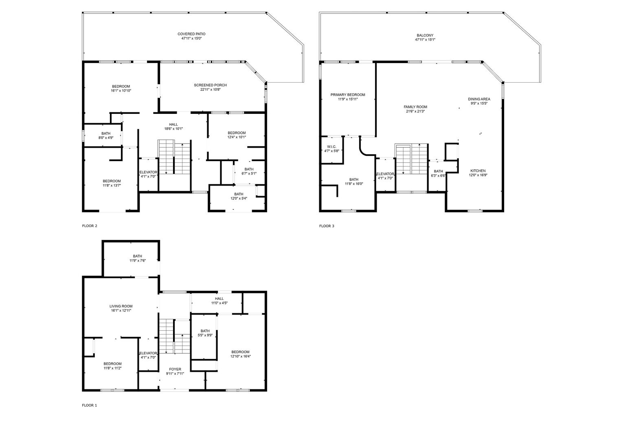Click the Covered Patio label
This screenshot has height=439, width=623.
(x=191, y=34)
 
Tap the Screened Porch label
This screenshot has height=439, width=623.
(x=210, y=85)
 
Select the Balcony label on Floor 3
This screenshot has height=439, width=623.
(x=425, y=35)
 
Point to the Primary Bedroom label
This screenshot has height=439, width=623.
(x=348, y=95)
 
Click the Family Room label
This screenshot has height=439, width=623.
(x=415, y=107)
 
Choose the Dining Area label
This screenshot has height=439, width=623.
(x=479, y=99)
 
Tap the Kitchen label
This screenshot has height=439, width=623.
(x=478, y=170)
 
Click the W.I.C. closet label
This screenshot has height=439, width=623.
(x=331, y=147)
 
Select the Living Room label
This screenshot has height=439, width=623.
(x=121, y=306)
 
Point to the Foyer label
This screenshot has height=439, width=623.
(x=175, y=369)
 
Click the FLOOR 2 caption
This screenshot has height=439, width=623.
(x=90, y=226)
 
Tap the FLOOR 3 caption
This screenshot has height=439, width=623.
(x=327, y=226)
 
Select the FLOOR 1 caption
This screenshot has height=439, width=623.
(x=89, y=405)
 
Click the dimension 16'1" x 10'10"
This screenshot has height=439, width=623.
(x=121, y=91)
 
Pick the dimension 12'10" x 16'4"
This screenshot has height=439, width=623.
(x=240, y=356)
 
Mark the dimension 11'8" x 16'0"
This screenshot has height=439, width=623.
(x=354, y=183)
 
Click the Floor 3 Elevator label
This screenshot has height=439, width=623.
(x=385, y=174)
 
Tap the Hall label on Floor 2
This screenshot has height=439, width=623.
(x=173, y=124)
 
